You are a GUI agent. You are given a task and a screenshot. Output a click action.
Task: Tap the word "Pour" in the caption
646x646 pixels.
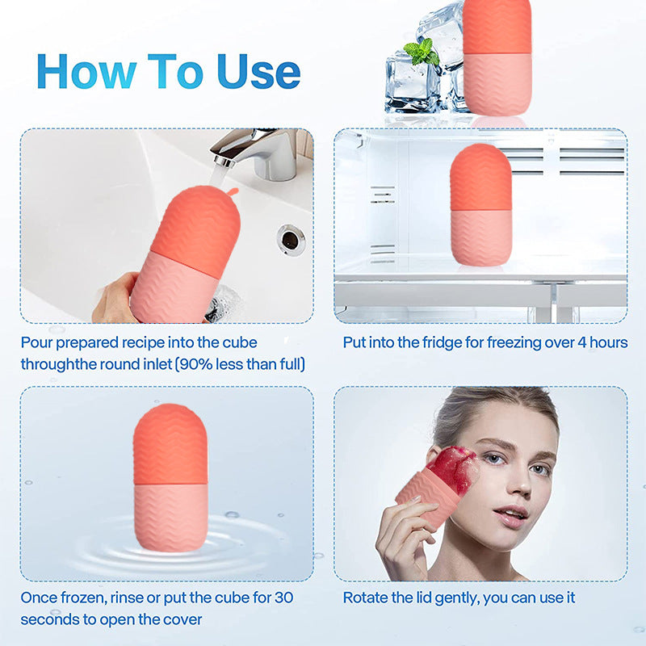pos(36,342)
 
